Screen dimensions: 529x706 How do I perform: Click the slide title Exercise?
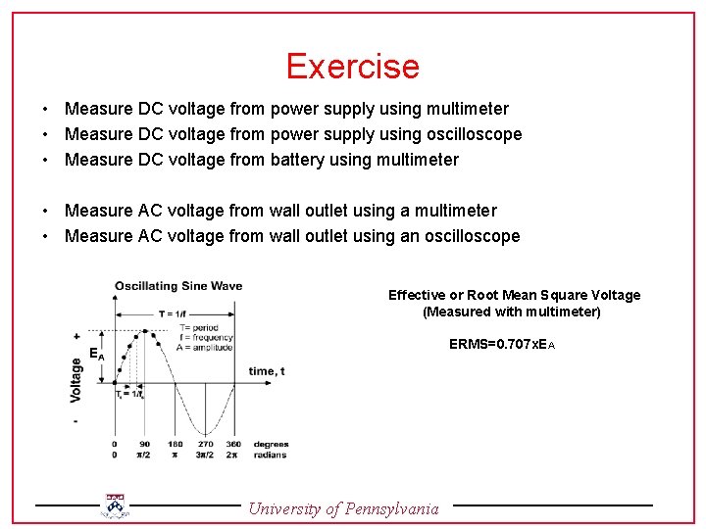coord(353,67)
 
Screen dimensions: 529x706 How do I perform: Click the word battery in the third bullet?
coord(297,160)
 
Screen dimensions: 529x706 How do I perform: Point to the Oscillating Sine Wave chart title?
coord(177,286)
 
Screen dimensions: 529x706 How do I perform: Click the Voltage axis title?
coord(76,379)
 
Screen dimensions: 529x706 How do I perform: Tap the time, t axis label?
coord(267,371)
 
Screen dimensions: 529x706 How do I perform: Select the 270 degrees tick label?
coord(204,445)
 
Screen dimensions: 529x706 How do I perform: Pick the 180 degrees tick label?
coord(176,445)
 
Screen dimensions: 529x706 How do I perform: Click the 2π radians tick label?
coord(232,456)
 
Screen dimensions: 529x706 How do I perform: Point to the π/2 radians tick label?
coord(144,456)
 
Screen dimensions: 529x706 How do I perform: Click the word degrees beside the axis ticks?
coord(270,445)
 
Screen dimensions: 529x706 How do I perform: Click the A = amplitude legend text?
coord(205,347)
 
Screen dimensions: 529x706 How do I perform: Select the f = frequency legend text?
coord(205,337)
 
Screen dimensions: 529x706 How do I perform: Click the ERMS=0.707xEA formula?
coord(502,345)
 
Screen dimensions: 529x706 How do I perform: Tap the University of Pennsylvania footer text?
coord(343,508)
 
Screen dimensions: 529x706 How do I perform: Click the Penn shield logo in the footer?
coord(116,505)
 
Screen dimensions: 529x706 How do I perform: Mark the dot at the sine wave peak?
coord(144,331)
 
